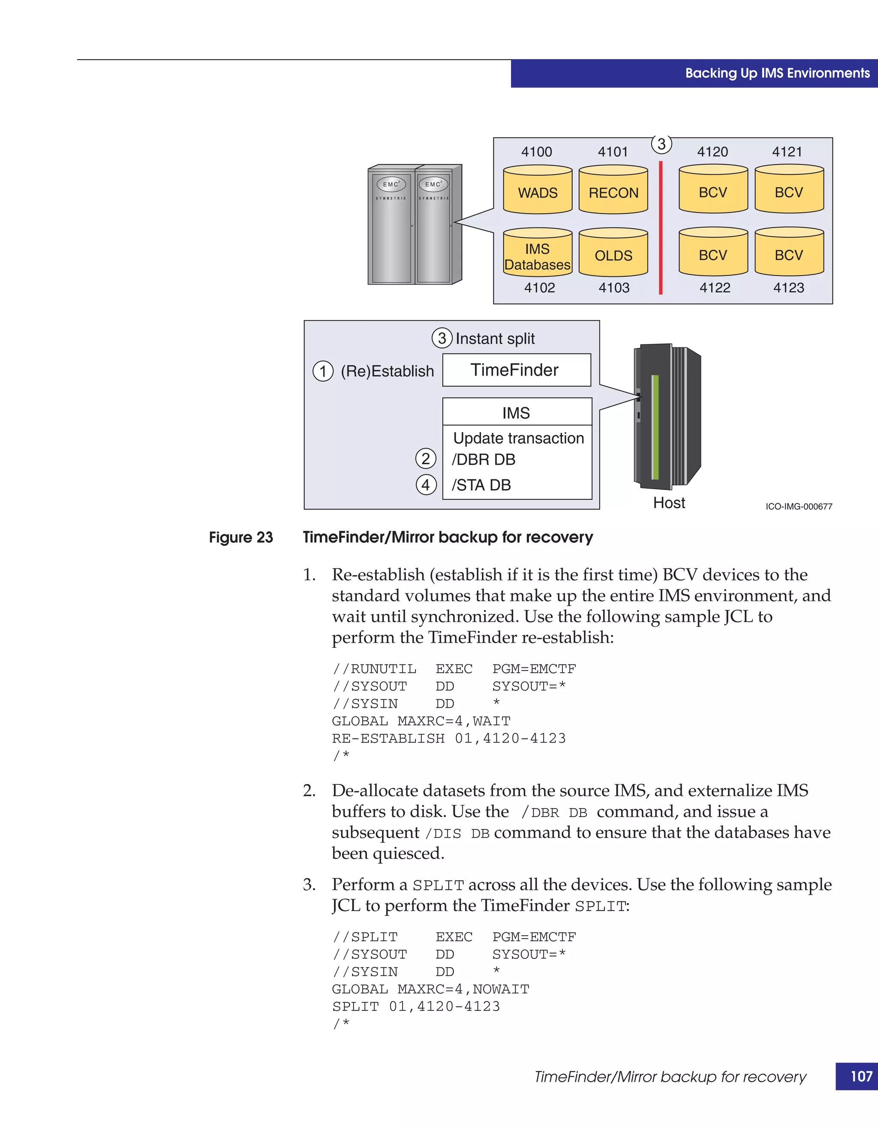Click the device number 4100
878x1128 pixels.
coord(536,152)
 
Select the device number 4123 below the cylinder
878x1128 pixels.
coord(788,288)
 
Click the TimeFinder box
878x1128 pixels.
coord(516,370)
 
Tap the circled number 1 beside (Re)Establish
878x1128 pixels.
coord(323,371)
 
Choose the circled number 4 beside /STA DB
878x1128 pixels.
coord(426,485)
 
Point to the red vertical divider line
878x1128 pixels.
coord(661,227)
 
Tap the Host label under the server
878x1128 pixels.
coord(669,503)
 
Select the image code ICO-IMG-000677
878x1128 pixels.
coord(798,507)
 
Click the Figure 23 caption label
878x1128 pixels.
coord(241,538)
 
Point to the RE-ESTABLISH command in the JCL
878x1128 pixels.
coord(388,739)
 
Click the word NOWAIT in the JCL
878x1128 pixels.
coord(501,989)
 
